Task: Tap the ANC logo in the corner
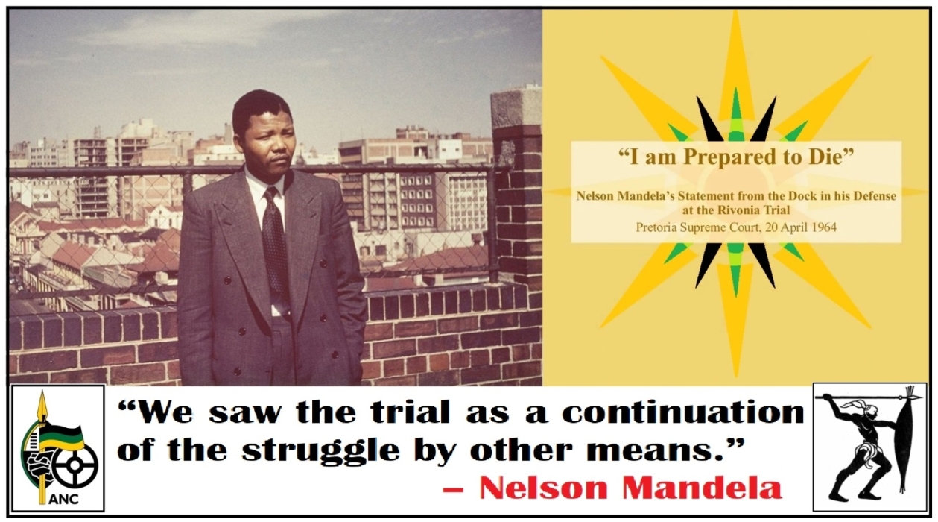pyautogui.click(x=57, y=447)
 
